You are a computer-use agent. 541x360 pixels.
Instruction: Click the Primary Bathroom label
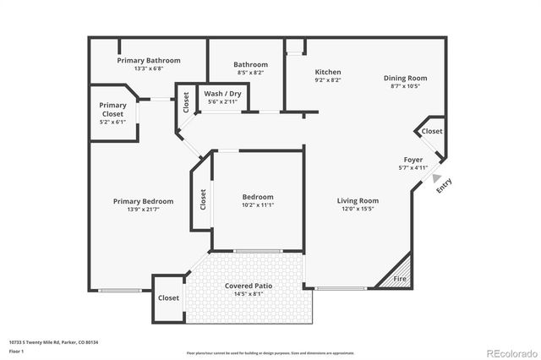pos(148,61)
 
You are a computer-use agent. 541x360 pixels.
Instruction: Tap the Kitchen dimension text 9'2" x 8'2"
pos(328,81)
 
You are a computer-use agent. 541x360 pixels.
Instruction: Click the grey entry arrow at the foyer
pos(436,177)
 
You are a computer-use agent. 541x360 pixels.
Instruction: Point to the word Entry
pos(445,187)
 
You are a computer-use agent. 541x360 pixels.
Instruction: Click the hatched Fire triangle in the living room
pos(400,276)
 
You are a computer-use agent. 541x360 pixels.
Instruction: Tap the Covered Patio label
pos(248,286)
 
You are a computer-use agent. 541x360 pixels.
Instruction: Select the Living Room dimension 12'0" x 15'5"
pos(358,209)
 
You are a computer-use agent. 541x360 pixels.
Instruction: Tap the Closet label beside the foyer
pos(431,132)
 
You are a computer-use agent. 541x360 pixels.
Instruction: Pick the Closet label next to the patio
pos(168,298)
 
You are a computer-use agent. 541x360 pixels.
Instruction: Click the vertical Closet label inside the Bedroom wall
pos(203,199)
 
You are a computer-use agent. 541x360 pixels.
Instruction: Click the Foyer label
pos(413,160)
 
